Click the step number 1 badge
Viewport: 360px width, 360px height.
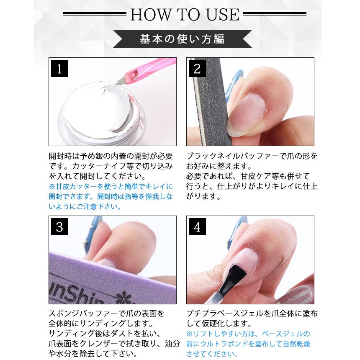coord(59,69)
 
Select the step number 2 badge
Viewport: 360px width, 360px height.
coord(197,69)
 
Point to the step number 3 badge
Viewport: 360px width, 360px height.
coord(59,227)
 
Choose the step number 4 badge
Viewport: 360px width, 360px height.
coord(197,227)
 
